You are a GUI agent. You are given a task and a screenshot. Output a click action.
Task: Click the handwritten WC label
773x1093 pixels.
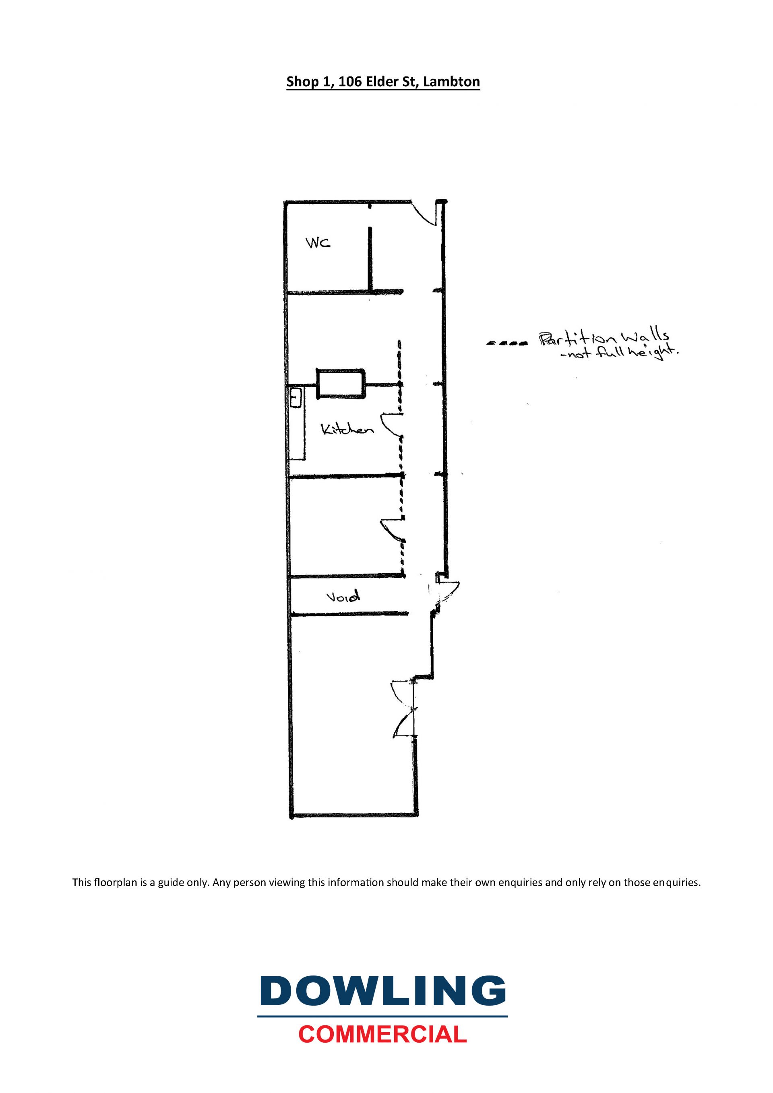coord(318,243)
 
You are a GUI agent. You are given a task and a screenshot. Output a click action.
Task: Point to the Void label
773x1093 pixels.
coord(343,596)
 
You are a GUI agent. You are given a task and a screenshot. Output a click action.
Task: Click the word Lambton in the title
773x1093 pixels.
coord(451,82)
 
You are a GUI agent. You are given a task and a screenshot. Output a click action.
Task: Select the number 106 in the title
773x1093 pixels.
coord(350,82)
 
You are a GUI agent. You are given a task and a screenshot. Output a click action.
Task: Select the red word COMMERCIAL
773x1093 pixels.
coord(383,1034)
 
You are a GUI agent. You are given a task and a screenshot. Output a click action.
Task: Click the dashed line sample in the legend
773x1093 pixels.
coord(507,343)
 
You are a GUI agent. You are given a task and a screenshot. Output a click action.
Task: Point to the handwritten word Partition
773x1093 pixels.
coord(578,339)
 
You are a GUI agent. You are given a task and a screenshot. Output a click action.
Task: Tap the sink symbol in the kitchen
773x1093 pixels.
coord(296,398)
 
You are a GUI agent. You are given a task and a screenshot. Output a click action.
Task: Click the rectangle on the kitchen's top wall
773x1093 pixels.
coord(341,383)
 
